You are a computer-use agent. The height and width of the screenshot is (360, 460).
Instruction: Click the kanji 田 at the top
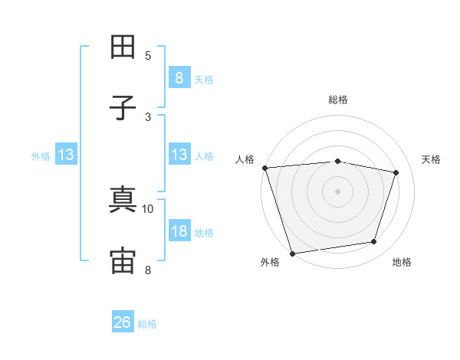click(123, 47)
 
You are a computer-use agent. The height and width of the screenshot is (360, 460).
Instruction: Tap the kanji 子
click(123, 108)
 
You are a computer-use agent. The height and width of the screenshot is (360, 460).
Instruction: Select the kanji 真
click(123, 199)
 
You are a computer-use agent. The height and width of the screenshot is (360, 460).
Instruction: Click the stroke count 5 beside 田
click(148, 56)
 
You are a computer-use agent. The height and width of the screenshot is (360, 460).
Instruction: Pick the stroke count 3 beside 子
click(148, 117)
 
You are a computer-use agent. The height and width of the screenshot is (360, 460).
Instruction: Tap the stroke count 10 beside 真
click(147, 209)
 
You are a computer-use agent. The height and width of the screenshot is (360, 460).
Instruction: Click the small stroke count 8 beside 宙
click(148, 270)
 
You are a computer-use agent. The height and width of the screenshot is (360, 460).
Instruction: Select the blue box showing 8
click(179, 77)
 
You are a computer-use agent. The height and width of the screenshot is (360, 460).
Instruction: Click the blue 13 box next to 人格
click(179, 154)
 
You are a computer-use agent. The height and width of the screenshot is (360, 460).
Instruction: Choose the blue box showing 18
click(179, 230)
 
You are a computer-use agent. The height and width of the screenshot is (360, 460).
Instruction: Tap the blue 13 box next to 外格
click(66, 154)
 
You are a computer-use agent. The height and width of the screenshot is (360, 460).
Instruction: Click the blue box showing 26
click(123, 321)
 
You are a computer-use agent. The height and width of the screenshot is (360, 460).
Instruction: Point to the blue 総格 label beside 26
click(147, 324)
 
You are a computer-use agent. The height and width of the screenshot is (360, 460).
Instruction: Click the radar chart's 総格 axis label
click(338, 100)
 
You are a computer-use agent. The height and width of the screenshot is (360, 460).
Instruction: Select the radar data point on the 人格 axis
click(265, 168)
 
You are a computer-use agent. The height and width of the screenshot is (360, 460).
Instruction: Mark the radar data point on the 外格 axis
click(292, 254)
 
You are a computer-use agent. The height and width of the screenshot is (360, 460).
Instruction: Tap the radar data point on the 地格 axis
click(374, 241)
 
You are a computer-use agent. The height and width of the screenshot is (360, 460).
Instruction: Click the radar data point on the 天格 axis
click(396, 172)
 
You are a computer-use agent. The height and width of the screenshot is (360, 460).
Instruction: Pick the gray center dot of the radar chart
click(337, 191)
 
